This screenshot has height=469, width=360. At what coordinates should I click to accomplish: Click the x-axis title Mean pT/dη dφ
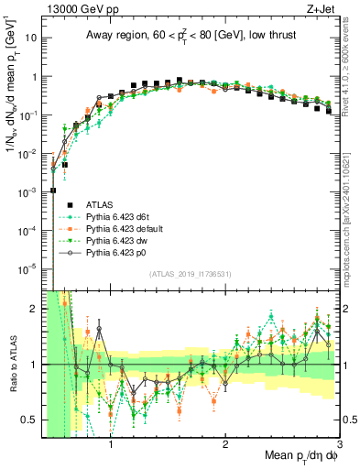[299, 455]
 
